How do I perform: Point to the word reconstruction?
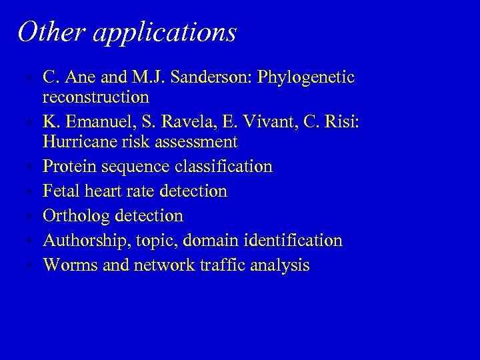click(95, 97)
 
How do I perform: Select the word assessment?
click(197, 141)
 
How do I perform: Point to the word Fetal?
click(61, 191)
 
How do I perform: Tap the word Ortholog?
click(76, 216)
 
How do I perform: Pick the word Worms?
click(67, 265)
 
